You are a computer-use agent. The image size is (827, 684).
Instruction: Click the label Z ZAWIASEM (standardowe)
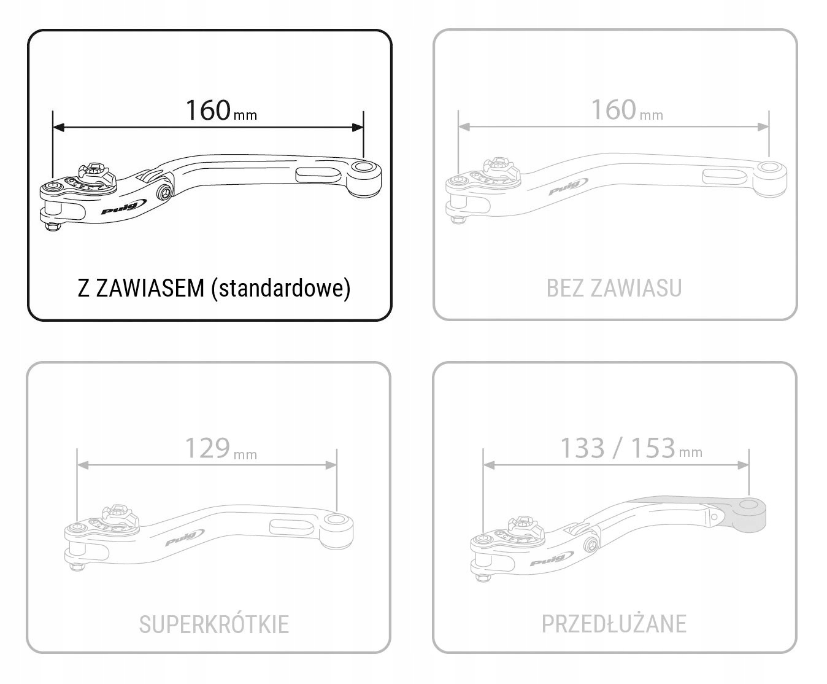pos(213,288)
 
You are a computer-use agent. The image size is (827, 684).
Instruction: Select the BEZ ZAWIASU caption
pos(614,288)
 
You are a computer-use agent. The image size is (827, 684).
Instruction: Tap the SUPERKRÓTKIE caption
pos(213,624)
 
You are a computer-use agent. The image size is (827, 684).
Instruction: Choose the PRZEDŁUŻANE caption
pos(614,624)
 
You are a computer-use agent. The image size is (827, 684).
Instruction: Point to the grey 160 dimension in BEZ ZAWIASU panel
pos(614,111)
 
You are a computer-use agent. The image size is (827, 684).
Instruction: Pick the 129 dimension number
pos(207,449)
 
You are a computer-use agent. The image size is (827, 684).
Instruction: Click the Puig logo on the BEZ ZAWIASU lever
pos(564,187)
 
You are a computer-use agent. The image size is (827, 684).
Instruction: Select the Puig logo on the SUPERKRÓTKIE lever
pos(180,538)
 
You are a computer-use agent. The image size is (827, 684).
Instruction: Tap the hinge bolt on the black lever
pos(163,193)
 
